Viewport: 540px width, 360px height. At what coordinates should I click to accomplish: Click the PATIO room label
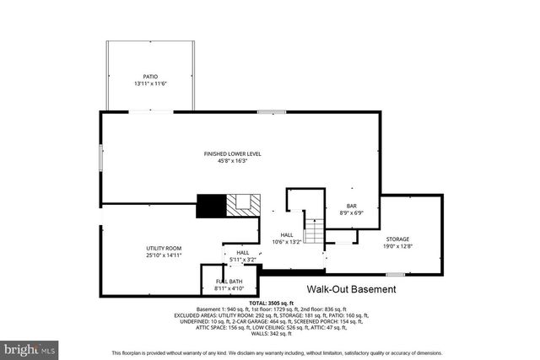(x=150, y=76)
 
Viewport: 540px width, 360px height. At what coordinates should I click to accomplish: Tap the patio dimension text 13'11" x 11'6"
(x=150, y=83)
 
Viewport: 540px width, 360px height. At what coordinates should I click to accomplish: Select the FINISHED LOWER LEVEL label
(x=233, y=153)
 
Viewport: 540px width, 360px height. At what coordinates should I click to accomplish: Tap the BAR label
(x=352, y=206)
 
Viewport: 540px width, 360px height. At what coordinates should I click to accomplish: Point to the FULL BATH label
(x=229, y=281)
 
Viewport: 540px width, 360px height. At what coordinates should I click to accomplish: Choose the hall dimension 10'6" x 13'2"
(x=284, y=242)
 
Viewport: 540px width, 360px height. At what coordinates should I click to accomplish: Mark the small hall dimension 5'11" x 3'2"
(x=242, y=260)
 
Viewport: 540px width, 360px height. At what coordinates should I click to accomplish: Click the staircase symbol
(x=314, y=230)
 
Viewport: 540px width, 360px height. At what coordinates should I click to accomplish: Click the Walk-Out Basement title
(x=350, y=289)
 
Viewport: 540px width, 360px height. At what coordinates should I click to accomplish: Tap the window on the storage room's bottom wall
(x=395, y=275)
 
